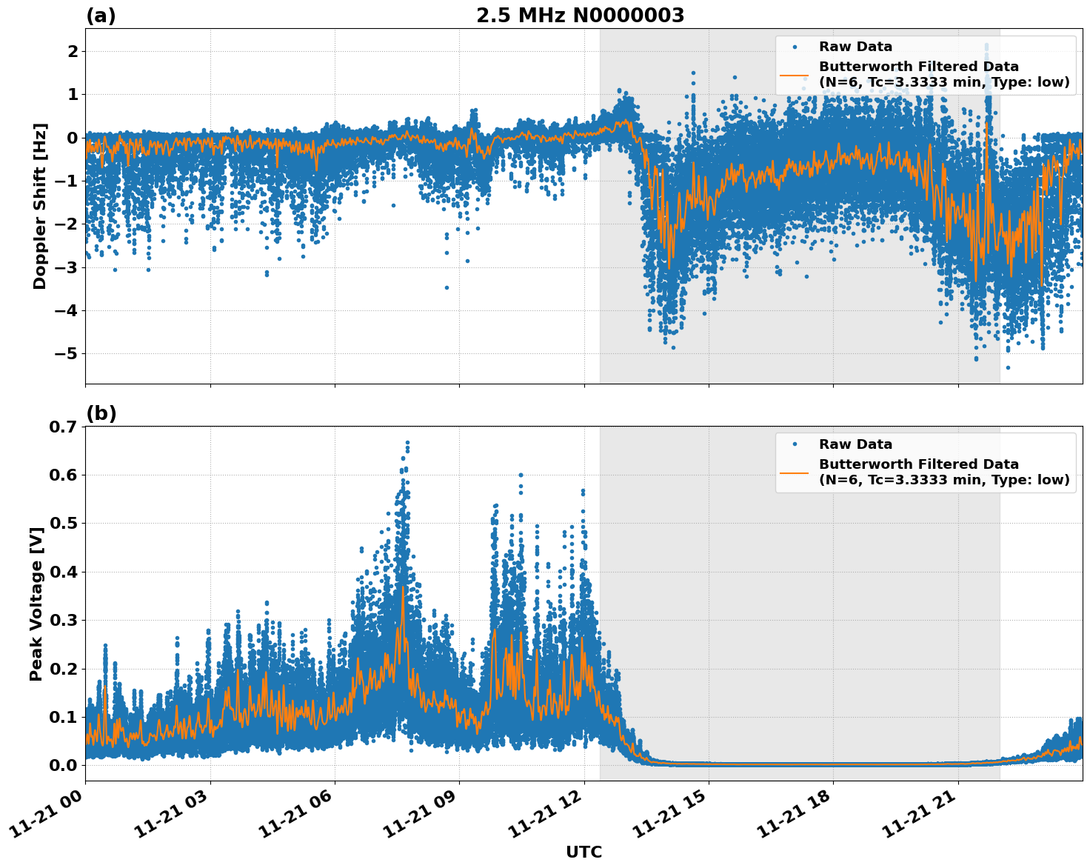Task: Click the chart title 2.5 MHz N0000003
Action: coord(580,16)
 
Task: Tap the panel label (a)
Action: coord(101,16)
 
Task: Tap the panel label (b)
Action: coord(101,413)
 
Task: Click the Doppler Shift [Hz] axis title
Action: coord(40,206)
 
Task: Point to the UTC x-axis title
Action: coord(584,852)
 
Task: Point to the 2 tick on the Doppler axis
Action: coord(73,51)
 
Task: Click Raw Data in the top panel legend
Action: coord(855,47)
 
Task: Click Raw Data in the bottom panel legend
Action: coord(855,444)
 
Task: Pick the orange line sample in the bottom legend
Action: coord(795,473)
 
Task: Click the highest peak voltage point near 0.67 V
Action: coord(407,443)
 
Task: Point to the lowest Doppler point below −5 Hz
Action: coord(1008,367)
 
